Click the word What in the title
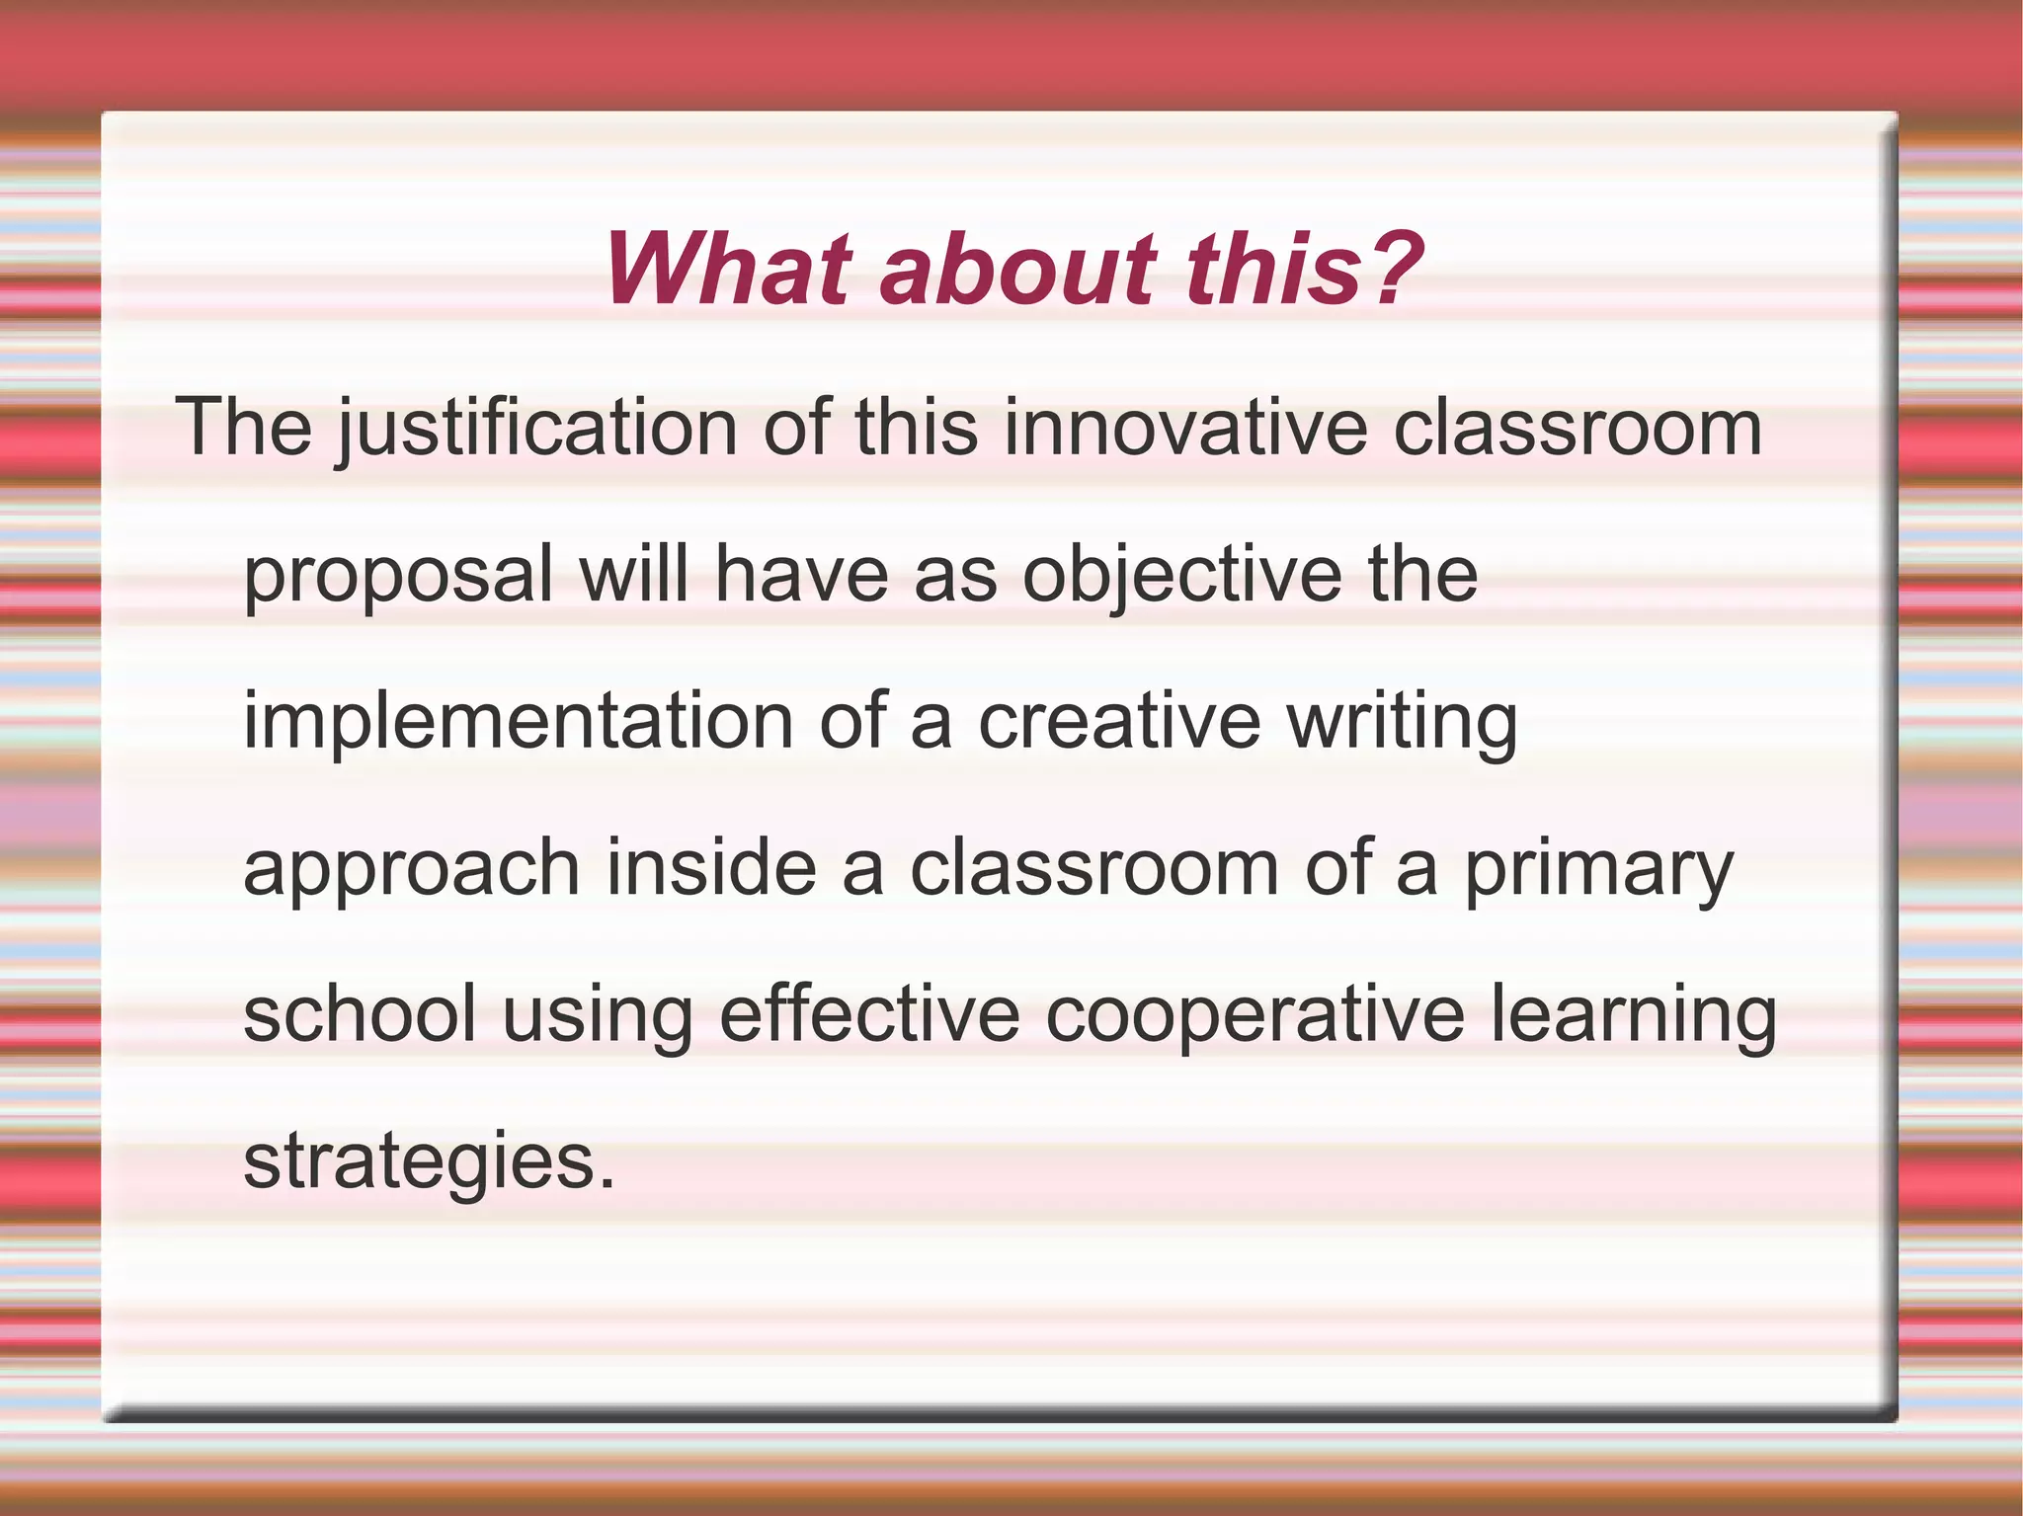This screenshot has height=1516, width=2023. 729,269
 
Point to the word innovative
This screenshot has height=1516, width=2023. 1185,428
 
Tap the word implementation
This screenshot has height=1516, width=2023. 519,723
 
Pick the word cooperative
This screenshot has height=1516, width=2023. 1254,1017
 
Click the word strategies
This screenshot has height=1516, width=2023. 415,1162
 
